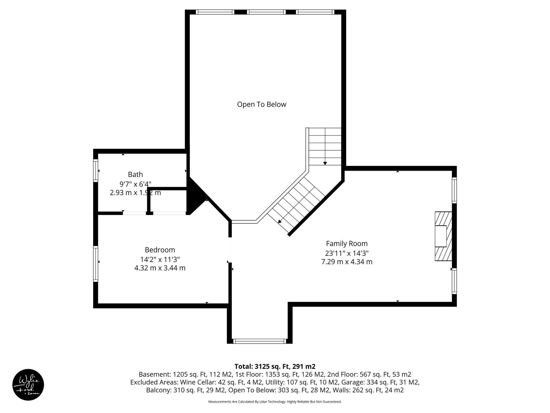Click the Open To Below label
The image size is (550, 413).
[262, 104]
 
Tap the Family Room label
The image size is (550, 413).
[346, 244]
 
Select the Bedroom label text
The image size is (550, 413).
[160, 250]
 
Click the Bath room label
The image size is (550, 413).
[135, 175]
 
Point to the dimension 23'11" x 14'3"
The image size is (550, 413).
[346, 253]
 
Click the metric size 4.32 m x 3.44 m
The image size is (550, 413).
[160, 268]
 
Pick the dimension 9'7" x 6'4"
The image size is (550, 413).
[135, 184]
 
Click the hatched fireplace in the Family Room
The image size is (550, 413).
[443, 236]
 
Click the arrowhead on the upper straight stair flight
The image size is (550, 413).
[325, 163]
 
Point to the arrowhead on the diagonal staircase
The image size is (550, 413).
[280, 222]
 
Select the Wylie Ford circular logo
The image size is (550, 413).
[28, 384]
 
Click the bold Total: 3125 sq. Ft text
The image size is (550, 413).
[275, 366]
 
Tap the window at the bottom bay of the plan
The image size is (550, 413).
[259, 341]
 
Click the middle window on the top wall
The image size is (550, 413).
[266, 12]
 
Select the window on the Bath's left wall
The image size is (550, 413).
[96, 170]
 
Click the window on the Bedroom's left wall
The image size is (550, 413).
[96, 264]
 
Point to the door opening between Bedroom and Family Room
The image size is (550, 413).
[230, 250]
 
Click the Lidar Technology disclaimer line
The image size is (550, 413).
[275, 402]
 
